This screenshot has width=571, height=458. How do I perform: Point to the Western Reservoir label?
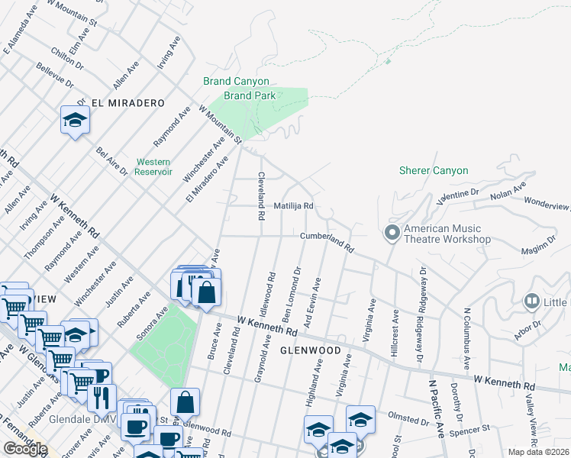coord(153,166)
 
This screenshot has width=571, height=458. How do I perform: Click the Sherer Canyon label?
coord(434,170)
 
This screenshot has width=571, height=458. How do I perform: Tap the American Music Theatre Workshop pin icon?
coord(392,232)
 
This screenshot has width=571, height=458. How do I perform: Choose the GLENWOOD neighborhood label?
coord(309,350)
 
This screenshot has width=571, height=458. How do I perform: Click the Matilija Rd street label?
coord(294,206)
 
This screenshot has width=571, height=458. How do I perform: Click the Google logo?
coord(24,449)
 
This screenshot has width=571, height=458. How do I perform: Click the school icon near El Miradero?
coord(76,120)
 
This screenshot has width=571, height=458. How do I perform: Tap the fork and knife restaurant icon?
coord(101,395)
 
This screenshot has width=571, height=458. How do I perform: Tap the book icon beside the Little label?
coord(532,302)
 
